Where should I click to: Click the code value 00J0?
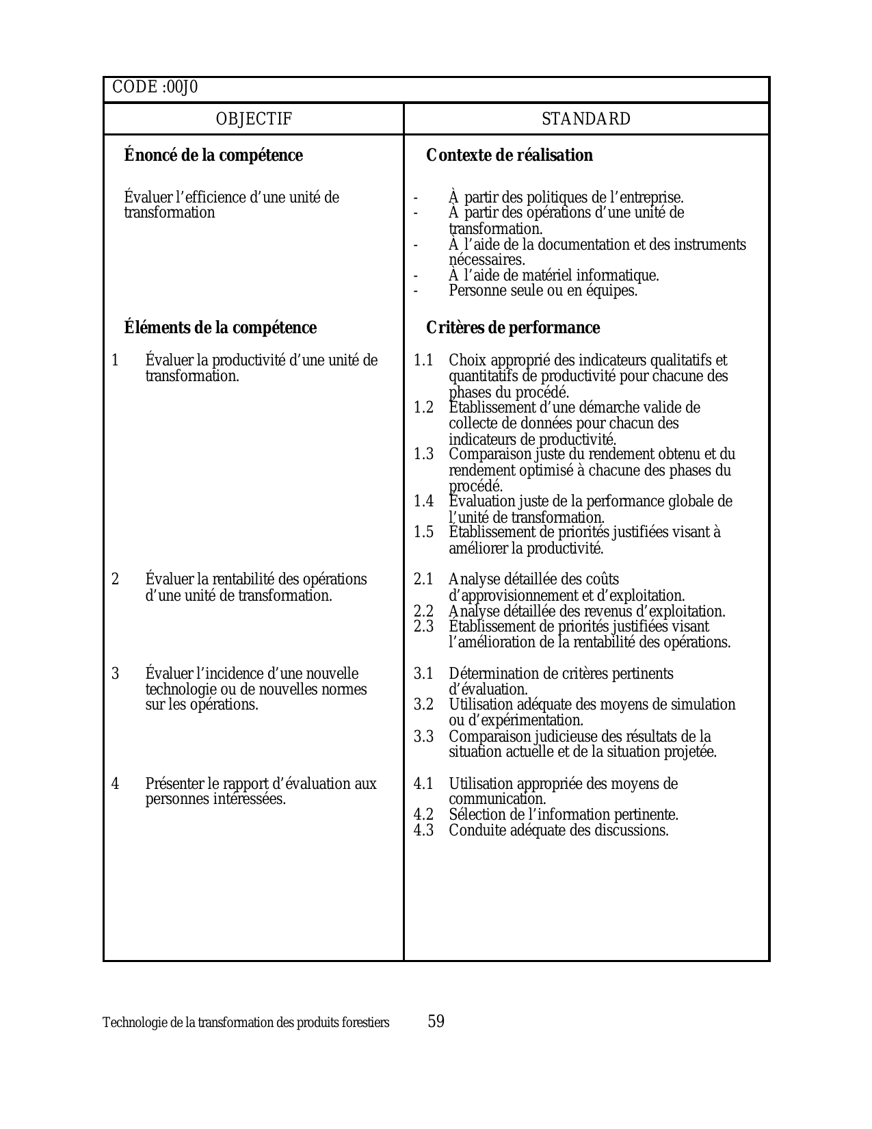coord(182,88)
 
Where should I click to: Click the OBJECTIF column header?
coord(254,119)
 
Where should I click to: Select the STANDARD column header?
coord(586,119)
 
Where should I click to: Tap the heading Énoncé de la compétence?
coord(213,155)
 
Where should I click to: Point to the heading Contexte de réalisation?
coord(510,155)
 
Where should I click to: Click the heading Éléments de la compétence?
coord(220,328)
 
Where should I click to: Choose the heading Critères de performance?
coord(513,328)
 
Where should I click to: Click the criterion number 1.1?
coord(423,361)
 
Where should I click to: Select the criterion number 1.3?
coord(423,454)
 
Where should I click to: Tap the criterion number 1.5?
coord(423,532)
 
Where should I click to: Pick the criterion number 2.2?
coord(423,612)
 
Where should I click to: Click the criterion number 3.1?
coord(423,674)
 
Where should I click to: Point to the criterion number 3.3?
coord(423,737)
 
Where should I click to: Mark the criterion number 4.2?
coord(423,815)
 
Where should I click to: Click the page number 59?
coord(436,1022)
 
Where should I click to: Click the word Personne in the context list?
coord(474,291)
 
